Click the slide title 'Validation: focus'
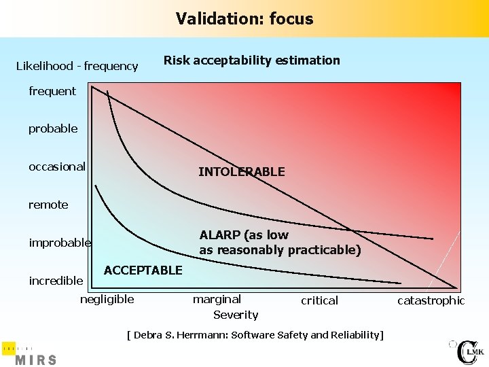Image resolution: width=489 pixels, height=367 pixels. pyautogui.click(x=244, y=18)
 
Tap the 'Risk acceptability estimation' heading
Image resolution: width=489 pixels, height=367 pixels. pyautogui.click(x=251, y=60)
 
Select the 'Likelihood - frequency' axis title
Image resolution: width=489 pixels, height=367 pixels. pyautogui.click(x=77, y=66)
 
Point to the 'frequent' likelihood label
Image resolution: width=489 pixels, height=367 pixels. pyautogui.click(x=52, y=91)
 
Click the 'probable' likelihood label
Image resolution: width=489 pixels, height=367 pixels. pyautogui.click(x=53, y=128)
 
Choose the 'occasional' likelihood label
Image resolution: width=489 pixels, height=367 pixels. pyautogui.click(x=57, y=167)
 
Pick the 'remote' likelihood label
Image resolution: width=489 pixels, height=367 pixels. pyautogui.click(x=48, y=205)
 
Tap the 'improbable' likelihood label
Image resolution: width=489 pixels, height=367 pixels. pyautogui.click(x=60, y=243)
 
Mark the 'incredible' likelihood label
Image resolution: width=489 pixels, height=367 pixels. pyautogui.click(x=56, y=281)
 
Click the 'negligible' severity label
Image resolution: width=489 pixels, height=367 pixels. pyautogui.click(x=107, y=299)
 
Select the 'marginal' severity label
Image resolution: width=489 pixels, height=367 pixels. pyautogui.click(x=217, y=299)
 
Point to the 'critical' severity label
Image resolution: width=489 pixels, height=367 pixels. pyautogui.click(x=319, y=300)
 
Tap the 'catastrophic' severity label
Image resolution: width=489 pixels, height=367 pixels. pyautogui.click(x=431, y=300)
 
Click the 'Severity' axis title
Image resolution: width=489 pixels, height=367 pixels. pyautogui.click(x=236, y=315)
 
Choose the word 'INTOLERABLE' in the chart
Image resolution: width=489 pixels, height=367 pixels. pyautogui.click(x=241, y=173)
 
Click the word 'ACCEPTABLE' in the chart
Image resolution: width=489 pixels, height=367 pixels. pyautogui.click(x=143, y=270)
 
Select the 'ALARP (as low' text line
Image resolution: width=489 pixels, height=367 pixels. pyautogui.click(x=244, y=235)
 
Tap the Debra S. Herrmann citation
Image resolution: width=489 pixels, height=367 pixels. pyautogui.click(x=255, y=335)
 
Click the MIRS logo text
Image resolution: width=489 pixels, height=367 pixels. pyautogui.click(x=35, y=359)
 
